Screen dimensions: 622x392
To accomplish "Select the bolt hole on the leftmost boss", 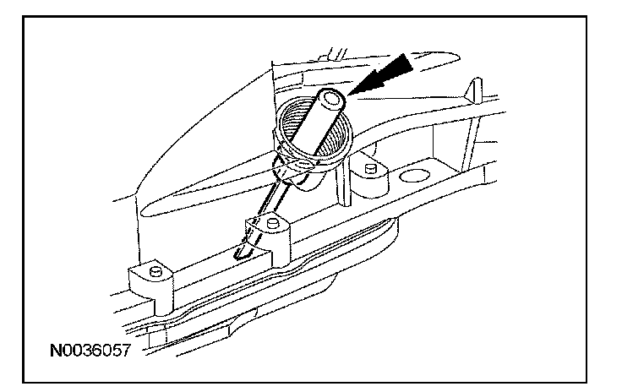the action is click(x=156, y=270).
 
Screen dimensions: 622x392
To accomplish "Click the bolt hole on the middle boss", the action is click(x=271, y=222).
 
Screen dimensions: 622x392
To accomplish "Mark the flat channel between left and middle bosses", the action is click(x=211, y=262).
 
